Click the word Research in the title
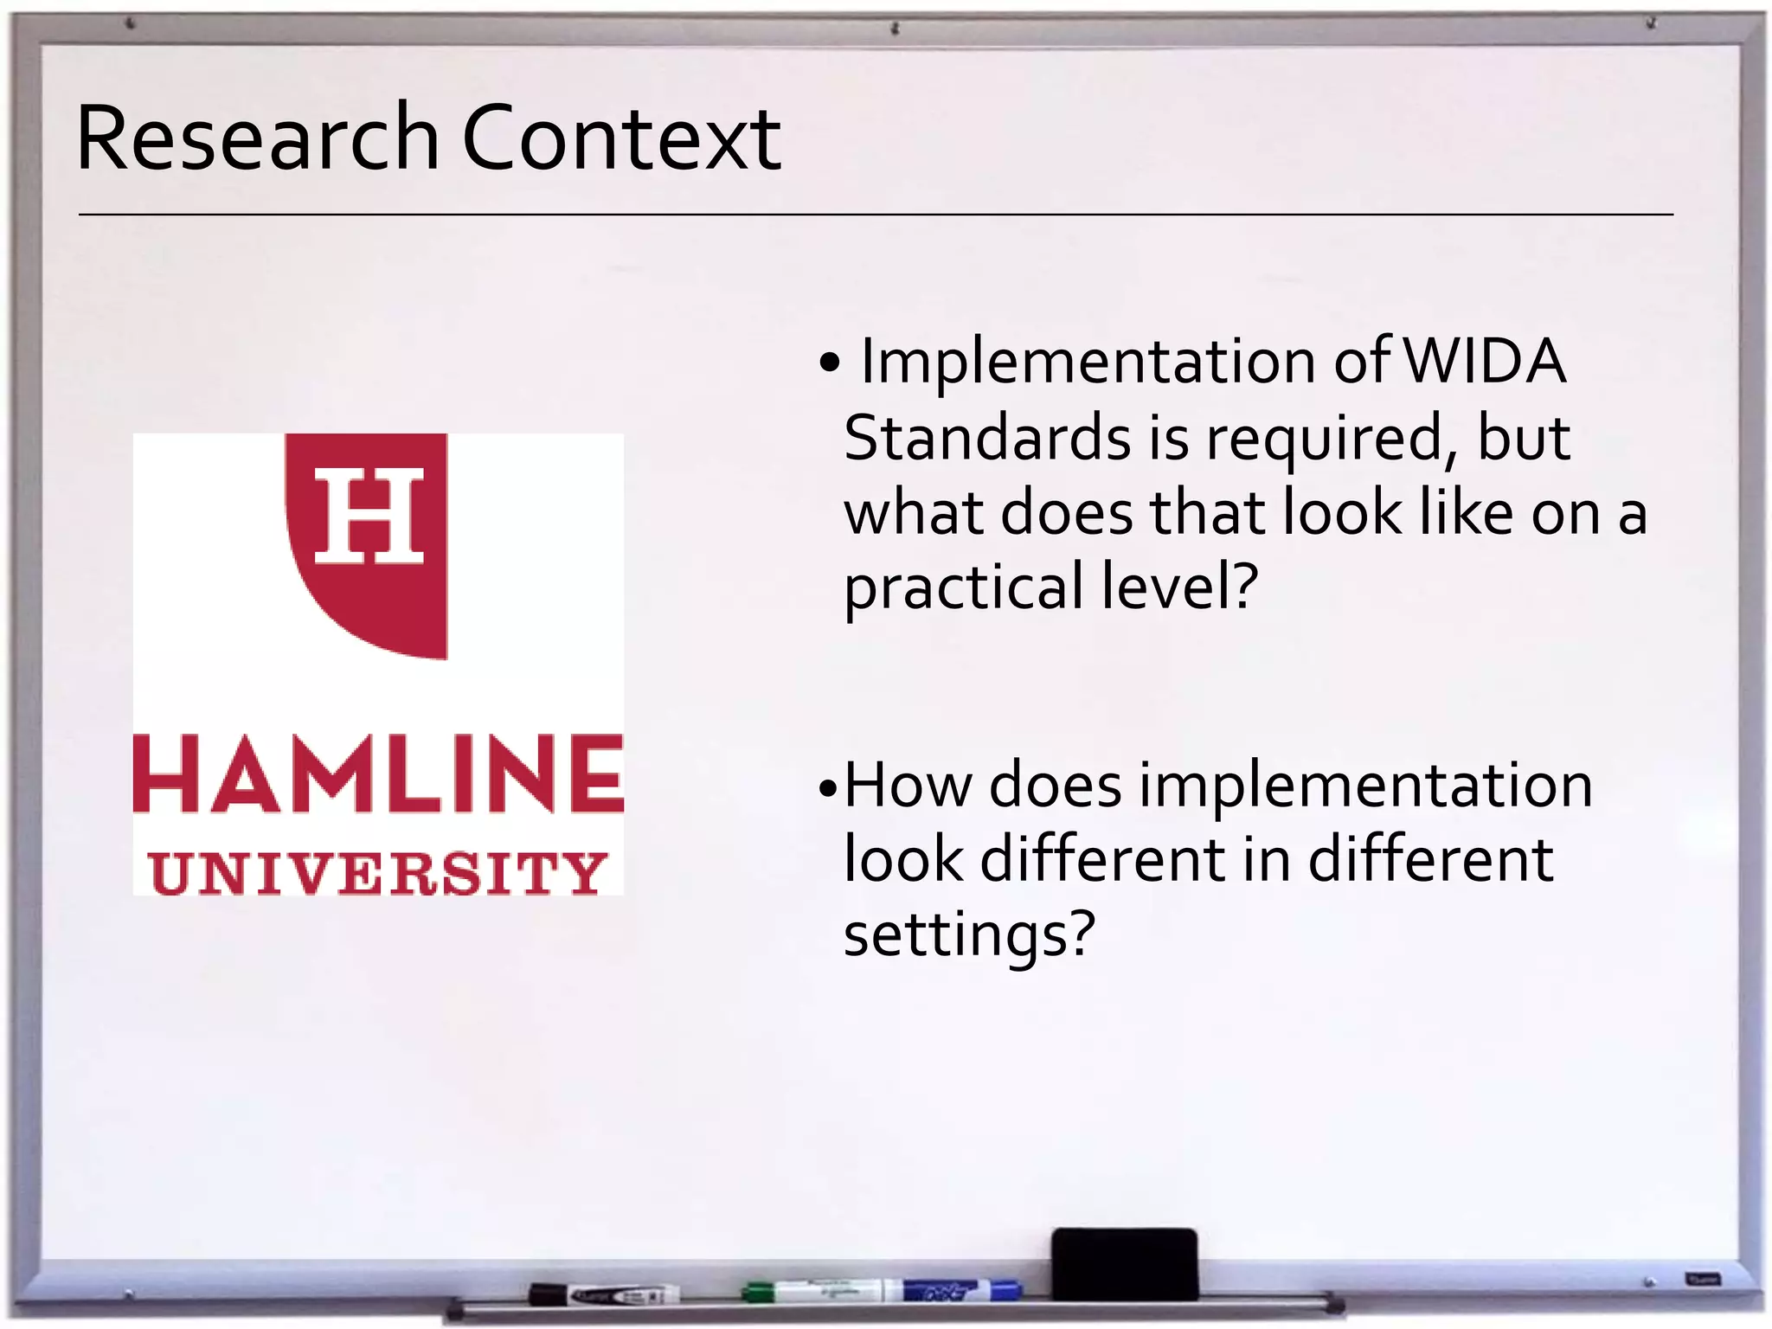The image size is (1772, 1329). tap(258, 138)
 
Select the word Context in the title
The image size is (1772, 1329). tap(621, 138)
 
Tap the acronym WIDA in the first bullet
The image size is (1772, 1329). tap(1483, 362)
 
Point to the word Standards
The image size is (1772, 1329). tap(987, 438)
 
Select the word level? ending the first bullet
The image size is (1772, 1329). tap(1179, 585)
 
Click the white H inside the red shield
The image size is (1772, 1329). tap(369, 515)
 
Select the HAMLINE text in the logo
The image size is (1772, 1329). tap(378, 774)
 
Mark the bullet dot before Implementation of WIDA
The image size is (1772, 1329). tap(829, 364)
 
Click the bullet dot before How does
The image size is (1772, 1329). tap(828, 788)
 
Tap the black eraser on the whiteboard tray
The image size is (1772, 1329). tap(1124, 1263)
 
